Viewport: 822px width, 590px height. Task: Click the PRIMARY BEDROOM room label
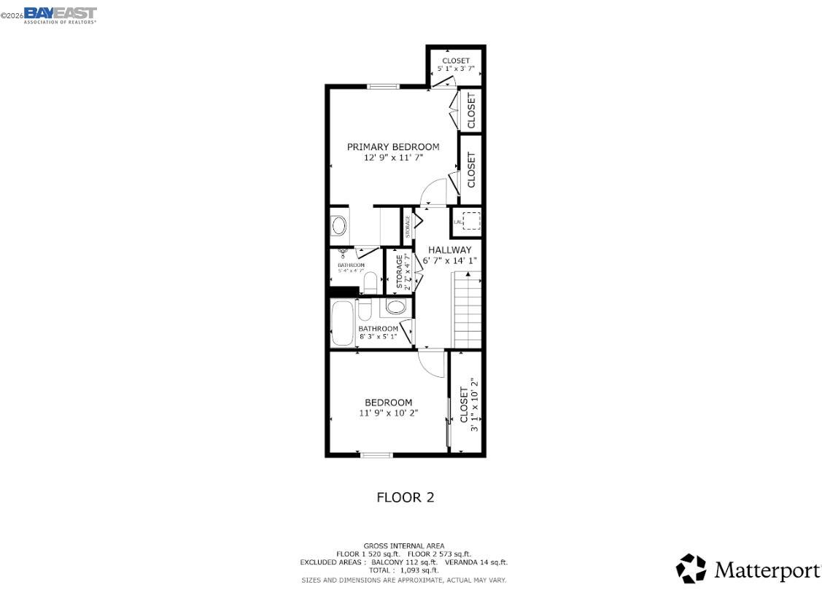click(x=392, y=147)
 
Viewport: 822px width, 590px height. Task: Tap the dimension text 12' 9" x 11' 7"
click(x=393, y=157)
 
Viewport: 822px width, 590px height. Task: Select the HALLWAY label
click(x=449, y=250)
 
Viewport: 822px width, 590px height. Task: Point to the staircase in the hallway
click(x=468, y=309)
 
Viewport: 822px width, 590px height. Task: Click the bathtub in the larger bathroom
click(x=342, y=323)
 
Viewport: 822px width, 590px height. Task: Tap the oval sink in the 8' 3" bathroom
click(x=395, y=307)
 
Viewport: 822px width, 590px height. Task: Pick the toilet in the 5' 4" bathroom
click(x=369, y=283)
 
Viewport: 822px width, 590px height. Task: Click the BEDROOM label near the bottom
click(x=388, y=403)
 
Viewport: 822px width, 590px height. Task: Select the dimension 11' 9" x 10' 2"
click(x=388, y=413)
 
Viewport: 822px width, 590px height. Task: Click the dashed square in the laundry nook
click(x=471, y=220)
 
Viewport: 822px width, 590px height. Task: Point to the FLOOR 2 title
click(x=405, y=497)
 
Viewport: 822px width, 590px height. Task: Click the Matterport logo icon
click(x=691, y=569)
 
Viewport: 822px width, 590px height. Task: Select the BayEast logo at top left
click(x=60, y=15)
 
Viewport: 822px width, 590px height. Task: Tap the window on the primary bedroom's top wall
click(x=383, y=86)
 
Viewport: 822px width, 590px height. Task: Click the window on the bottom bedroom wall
click(x=376, y=455)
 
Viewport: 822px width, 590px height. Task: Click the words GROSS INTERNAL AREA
click(x=403, y=546)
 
